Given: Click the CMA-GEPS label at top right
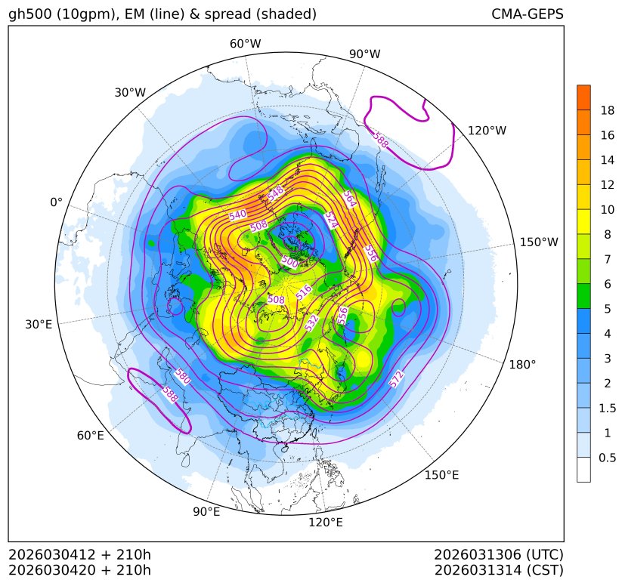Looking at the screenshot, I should [527, 14].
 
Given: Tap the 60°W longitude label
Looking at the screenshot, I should [245, 44].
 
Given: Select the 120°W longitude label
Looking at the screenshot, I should [487, 131].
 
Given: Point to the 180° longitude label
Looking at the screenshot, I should [522, 364].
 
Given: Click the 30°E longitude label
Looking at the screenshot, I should [39, 325].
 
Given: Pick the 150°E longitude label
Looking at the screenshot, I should [441, 474].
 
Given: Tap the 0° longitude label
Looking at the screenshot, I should [56, 202].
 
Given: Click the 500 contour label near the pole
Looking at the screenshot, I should [289, 261].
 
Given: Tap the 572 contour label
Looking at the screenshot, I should [398, 380].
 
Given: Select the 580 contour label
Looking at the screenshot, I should [182, 375].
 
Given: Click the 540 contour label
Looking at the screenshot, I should [237, 215].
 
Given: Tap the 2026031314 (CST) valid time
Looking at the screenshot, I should [499, 569].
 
